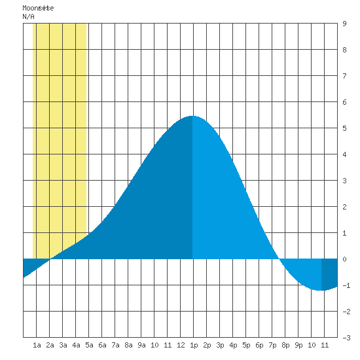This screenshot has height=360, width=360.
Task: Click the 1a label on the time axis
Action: point(37,345)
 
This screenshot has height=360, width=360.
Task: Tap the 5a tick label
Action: point(89,345)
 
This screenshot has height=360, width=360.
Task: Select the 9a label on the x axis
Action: point(141,345)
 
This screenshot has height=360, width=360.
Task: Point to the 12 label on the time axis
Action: point(181,345)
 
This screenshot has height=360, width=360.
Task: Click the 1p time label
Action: point(194,345)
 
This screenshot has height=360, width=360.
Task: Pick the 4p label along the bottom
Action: point(233,345)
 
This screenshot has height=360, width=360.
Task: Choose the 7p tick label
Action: point(272,345)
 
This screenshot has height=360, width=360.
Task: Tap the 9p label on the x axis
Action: point(298,345)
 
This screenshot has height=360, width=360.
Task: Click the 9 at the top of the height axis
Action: point(344,24)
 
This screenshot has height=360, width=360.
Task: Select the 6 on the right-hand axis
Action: point(344,102)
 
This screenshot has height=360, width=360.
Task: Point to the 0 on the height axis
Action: point(344,259)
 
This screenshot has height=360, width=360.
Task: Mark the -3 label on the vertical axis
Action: point(346,338)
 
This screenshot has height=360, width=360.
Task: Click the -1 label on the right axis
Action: point(346,285)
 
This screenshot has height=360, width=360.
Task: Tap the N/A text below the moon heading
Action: point(28,16)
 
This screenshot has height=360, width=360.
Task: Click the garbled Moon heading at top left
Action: point(38,8)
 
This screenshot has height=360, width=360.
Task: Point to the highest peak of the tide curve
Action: point(192,116)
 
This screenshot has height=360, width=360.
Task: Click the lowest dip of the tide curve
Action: point(320,291)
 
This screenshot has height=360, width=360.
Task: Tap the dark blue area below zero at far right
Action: point(329,273)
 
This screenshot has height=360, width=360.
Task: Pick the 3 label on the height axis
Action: point(344,181)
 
